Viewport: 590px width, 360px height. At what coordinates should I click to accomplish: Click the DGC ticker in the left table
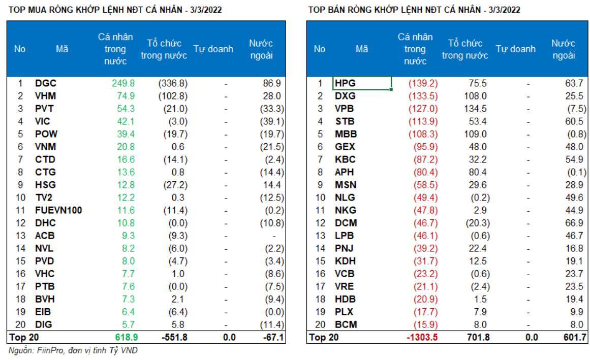tap(46, 83)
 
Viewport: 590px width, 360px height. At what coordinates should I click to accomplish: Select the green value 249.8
tap(123, 83)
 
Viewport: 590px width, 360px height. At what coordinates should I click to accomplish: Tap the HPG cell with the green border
tap(362, 83)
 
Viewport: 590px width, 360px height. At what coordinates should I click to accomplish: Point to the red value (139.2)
tap(423, 83)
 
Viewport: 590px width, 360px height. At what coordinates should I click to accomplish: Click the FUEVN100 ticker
tap(58, 210)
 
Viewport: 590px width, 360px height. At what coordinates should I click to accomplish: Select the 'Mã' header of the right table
tap(362, 49)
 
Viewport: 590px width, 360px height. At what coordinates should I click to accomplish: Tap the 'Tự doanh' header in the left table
tap(213, 49)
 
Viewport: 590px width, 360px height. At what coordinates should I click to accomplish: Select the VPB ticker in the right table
tap(345, 109)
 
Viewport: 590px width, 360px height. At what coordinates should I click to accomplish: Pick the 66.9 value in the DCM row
tap(574, 223)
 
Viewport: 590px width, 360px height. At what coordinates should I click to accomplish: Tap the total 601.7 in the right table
tap(572, 337)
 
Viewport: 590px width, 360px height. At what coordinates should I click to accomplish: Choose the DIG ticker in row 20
tap(44, 324)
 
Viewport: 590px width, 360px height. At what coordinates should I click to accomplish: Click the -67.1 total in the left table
tap(273, 337)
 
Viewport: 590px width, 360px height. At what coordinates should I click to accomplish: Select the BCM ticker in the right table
tap(346, 324)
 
